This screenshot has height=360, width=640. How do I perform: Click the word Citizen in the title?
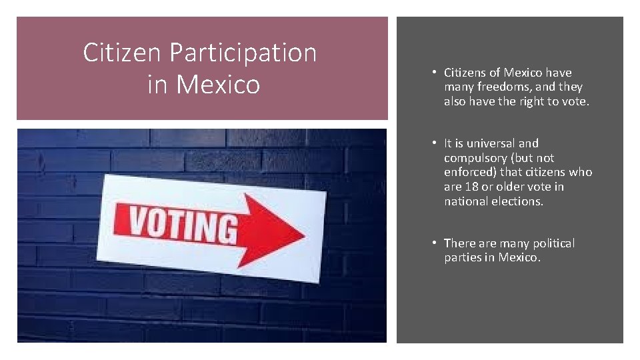[x=122, y=53]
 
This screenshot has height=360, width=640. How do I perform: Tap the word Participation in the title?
[x=243, y=53]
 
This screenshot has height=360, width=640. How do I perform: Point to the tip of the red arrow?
[x=305, y=234]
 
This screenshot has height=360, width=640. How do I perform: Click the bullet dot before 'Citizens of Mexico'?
[x=433, y=72]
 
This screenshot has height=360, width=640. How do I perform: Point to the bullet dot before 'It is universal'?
[x=433, y=143]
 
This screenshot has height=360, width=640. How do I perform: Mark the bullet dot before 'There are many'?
[x=433, y=243]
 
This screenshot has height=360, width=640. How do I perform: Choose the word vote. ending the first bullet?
[x=575, y=101]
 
